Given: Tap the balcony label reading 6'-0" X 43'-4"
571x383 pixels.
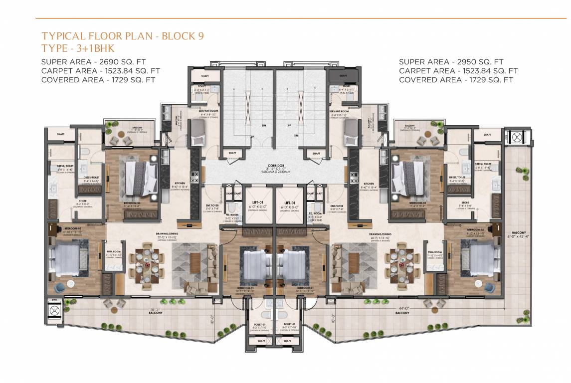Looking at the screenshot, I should tap(528, 236).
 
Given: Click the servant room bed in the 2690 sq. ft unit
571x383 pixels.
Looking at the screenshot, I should tap(198, 133).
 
